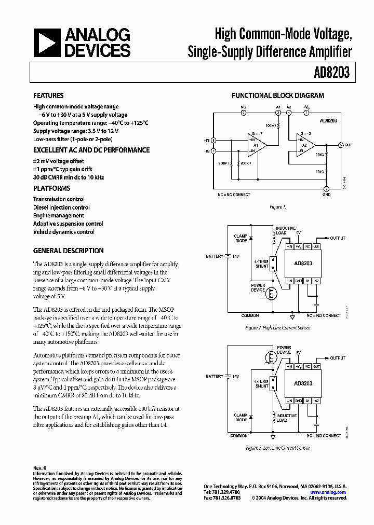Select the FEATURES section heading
coord(48,96)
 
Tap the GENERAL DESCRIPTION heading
coord(68,251)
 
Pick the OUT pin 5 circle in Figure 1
coord(340,145)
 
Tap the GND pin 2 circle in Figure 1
coord(326,189)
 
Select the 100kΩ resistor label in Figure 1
coord(271,126)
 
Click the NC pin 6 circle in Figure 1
coord(243,112)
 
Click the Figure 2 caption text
coord(277,328)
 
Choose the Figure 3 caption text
coord(277,447)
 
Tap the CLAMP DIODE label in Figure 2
coord(241,238)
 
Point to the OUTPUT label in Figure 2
coord(338,238)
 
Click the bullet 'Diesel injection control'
coord(61,208)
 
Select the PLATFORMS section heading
coord(51,188)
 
